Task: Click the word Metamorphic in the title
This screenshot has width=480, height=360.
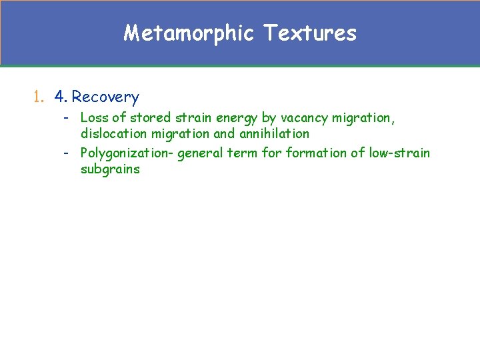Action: pos(189,33)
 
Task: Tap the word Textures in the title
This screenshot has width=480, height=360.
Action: pos(310,33)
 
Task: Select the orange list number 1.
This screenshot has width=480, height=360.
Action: pos(38,97)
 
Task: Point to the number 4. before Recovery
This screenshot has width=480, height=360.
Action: pos(61,97)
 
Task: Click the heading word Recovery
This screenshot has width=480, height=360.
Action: pos(105,97)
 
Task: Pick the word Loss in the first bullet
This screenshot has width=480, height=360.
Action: pos(93,118)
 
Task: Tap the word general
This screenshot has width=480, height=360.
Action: pos(201,153)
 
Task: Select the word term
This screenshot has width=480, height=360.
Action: pos(243,153)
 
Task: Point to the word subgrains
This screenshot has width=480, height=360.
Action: pos(110,169)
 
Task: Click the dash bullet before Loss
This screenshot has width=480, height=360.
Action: pos(67,118)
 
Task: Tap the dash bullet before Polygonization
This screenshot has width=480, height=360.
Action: pos(67,153)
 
